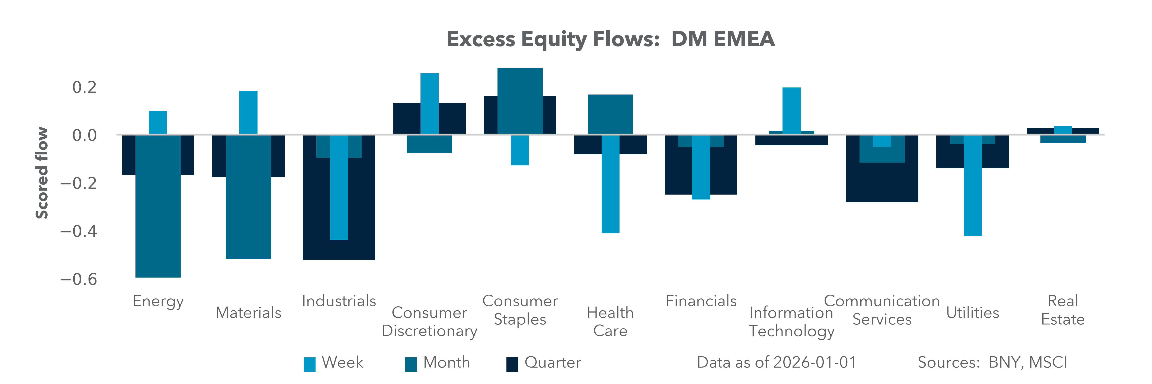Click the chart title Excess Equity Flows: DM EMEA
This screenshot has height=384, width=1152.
pyautogui.click(x=610, y=39)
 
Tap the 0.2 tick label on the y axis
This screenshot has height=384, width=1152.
pyautogui.click(x=84, y=87)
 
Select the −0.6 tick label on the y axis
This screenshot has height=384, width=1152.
pyautogui.click(x=79, y=279)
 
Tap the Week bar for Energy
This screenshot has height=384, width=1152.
pyautogui.click(x=158, y=122)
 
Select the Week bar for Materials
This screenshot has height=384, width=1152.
pyautogui.click(x=248, y=113)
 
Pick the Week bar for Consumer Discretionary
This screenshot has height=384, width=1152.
pyautogui.click(x=429, y=104)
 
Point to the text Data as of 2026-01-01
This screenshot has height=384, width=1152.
pyautogui.click(x=776, y=362)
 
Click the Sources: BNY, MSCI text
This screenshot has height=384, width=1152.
pyautogui.click(x=992, y=362)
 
